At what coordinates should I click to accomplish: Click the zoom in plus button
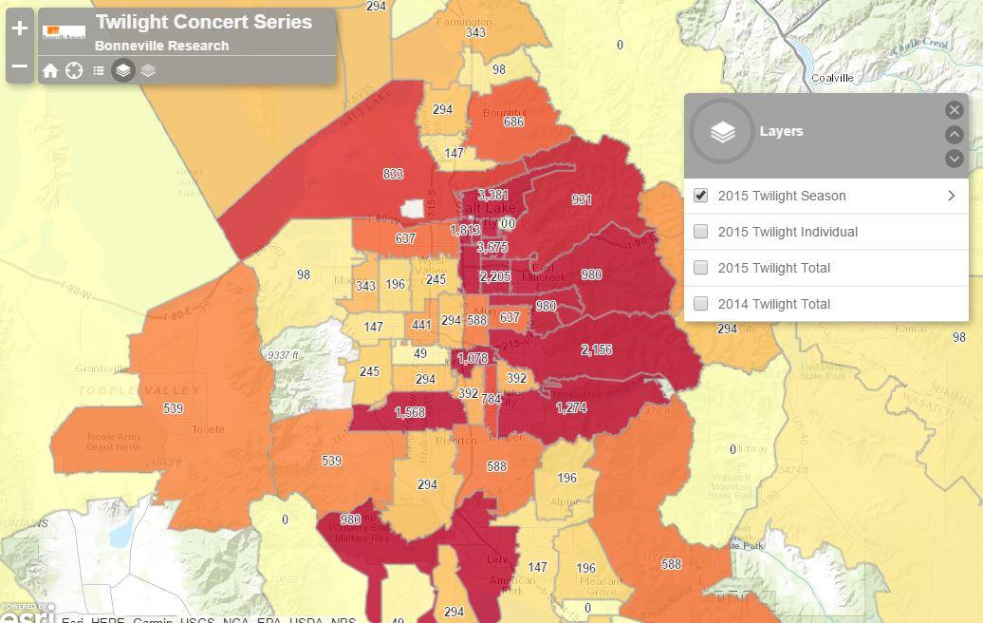click(20, 28)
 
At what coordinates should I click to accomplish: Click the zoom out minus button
click(20, 66)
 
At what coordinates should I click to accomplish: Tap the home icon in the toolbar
click(50, 71)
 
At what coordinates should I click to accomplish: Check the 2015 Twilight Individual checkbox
click(701, 232)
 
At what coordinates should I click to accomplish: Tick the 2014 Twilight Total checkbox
click(701, 304)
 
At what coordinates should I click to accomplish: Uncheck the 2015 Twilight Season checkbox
click(701, 196)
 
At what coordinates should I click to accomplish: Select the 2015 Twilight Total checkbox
click(701, 268)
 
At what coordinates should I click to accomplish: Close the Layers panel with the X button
click(955, 110)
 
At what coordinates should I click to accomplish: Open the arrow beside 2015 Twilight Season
click(951, 196)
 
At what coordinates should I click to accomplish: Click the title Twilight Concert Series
click(203, 22)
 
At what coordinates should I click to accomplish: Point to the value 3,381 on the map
click(492, 196)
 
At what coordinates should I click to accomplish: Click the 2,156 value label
click(596, 349)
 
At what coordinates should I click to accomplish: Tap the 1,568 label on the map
click(410, 412)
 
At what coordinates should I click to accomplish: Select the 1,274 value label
click(571, 407)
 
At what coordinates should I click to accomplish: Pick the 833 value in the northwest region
click(393, 174)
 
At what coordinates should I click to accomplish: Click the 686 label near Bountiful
click(513, 123)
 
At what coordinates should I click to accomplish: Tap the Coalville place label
click(832, 78)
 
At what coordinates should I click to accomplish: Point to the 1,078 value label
click(473, 358)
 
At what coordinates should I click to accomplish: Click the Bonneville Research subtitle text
click(161, 46)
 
